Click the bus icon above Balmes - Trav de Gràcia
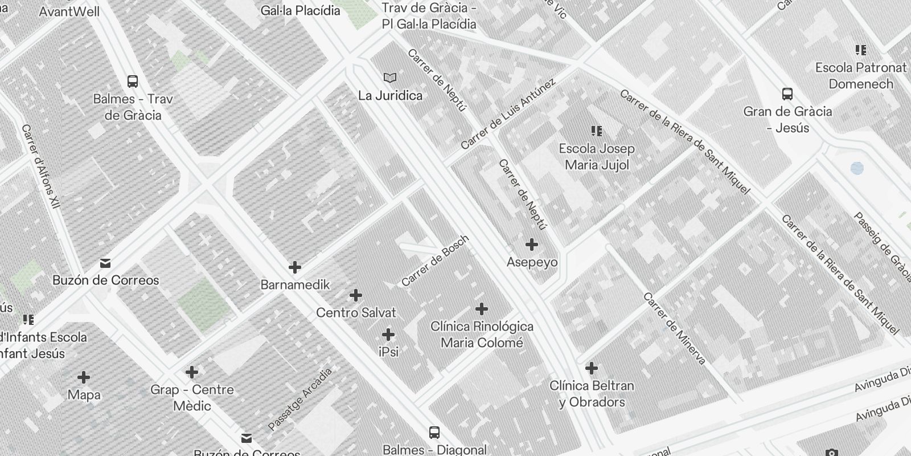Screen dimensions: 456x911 pos(133,82)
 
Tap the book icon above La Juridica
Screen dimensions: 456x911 pos(390,78)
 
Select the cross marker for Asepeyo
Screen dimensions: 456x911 pos(532,245)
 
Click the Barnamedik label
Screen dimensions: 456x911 pos(295,284)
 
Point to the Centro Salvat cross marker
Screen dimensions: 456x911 pos(356,295)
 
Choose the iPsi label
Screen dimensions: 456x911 pos(388,352)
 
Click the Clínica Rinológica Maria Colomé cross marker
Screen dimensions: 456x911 pos(482,309)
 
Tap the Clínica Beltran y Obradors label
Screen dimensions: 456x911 pos(592,394)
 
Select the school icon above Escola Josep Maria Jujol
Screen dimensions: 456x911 pos(597,131)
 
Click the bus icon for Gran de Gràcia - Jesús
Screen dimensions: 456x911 pos(787,94)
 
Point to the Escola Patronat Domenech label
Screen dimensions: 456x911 pos(861,76)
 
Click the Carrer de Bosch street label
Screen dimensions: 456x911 pos(435,260)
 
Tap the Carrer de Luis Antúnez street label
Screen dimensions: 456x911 pos(508,114)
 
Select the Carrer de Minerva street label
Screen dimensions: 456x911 pos(674,328)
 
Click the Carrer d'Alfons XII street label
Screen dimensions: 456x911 pos(41,166)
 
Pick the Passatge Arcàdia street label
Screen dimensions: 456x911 pos(300,399)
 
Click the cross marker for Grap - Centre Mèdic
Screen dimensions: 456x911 pos(192,372)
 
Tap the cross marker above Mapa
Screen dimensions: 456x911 pos(84,377)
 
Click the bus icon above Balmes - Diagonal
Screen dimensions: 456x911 pos(434,432)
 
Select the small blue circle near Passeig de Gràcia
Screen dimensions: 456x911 pos(856,168)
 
